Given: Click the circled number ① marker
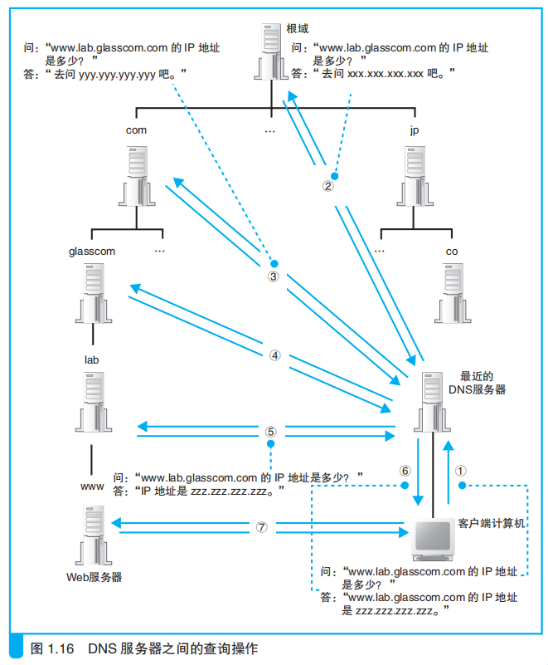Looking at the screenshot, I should (x=460, y=469).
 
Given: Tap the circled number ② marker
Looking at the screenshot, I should (x=328, y=187).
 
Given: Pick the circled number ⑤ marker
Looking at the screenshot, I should (x=270, y=432).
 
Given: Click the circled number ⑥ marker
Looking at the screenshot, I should (x=405, y=470).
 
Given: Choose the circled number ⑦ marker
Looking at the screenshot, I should (x=262, y=526).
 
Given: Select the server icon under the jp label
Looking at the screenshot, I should (x=415, y=175).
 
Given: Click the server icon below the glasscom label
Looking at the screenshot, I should (x=92, y=292).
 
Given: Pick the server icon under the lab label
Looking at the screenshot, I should (x=92, y=399).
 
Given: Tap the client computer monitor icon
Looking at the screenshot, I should (x=434, y=540).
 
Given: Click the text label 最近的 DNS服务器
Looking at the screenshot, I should (x=476, y=382).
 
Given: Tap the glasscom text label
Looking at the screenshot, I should (x=92, y=250).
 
